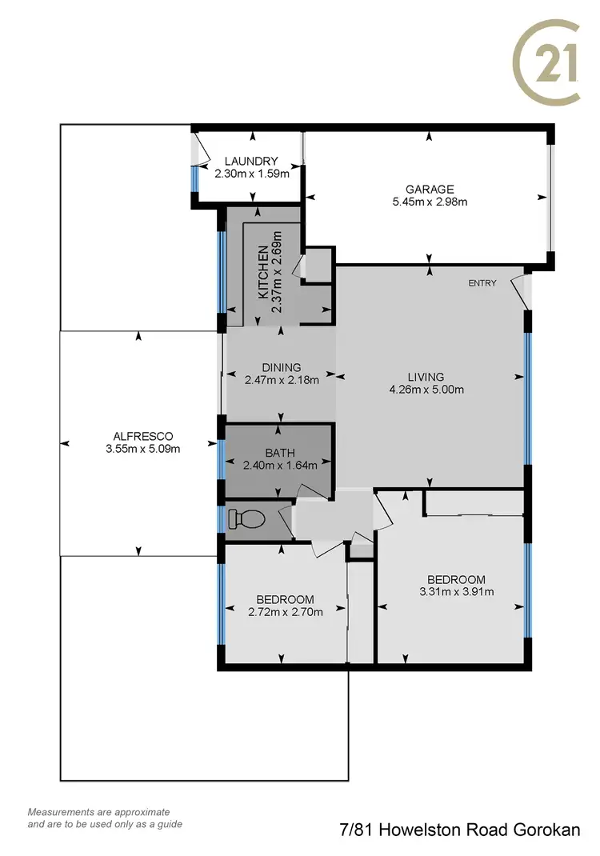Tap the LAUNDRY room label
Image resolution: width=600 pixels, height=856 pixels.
point(250,161)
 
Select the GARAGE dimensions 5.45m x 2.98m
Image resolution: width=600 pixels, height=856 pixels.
point(430,202)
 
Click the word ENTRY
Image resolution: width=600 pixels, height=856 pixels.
point(482,283)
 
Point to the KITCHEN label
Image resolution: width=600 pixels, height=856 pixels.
point(263,274)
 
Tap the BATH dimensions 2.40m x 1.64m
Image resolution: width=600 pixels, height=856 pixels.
point(280,465)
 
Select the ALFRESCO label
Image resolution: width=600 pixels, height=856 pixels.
point(143,436)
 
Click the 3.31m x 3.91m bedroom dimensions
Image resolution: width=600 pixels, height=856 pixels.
point(456,592)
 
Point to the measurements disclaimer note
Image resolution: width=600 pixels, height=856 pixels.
point(105,818)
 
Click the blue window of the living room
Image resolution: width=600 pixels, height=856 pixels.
point(527,398)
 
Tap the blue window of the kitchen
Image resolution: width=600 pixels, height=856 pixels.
point(222,272)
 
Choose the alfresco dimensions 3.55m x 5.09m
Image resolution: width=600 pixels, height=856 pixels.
point(143,449)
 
